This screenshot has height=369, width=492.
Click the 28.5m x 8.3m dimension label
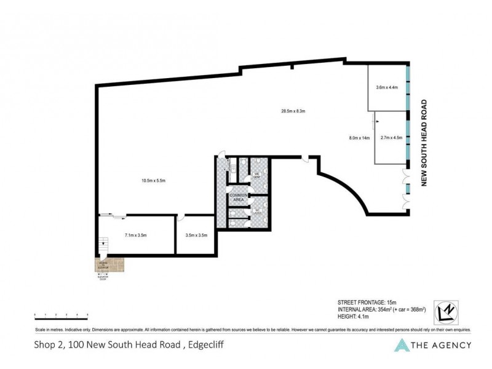pyautogui.click(x=293, y=111)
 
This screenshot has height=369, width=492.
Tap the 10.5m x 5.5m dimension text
pyautogui.click(x=153, y=180)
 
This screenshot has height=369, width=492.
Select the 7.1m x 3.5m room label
pyautogui.click(x=135, y=235)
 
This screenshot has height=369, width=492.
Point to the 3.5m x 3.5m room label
pyautogui.click(x=196, y=235)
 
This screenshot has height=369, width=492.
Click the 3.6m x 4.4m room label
pyautogui.click(x=387, y=87)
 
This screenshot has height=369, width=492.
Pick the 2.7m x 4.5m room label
pyautogui.click(x=391, y=138)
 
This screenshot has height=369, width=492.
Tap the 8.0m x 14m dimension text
pyautogui.click(x=359, y=138)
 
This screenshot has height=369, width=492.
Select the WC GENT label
pyautogui.click(x=258, y=177)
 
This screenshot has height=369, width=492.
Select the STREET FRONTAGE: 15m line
pyautogui.click(x=367, y=302)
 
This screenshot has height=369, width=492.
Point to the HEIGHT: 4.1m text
pyautogui.click(x=357, y=317)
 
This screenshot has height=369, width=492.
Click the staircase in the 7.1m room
pyautogui.click(x=103, y=247)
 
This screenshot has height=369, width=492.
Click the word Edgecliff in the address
pyautogui.click(x=202, y=345)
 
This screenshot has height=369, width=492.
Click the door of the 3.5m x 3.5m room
pyautogui.click(x=180, y=217)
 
